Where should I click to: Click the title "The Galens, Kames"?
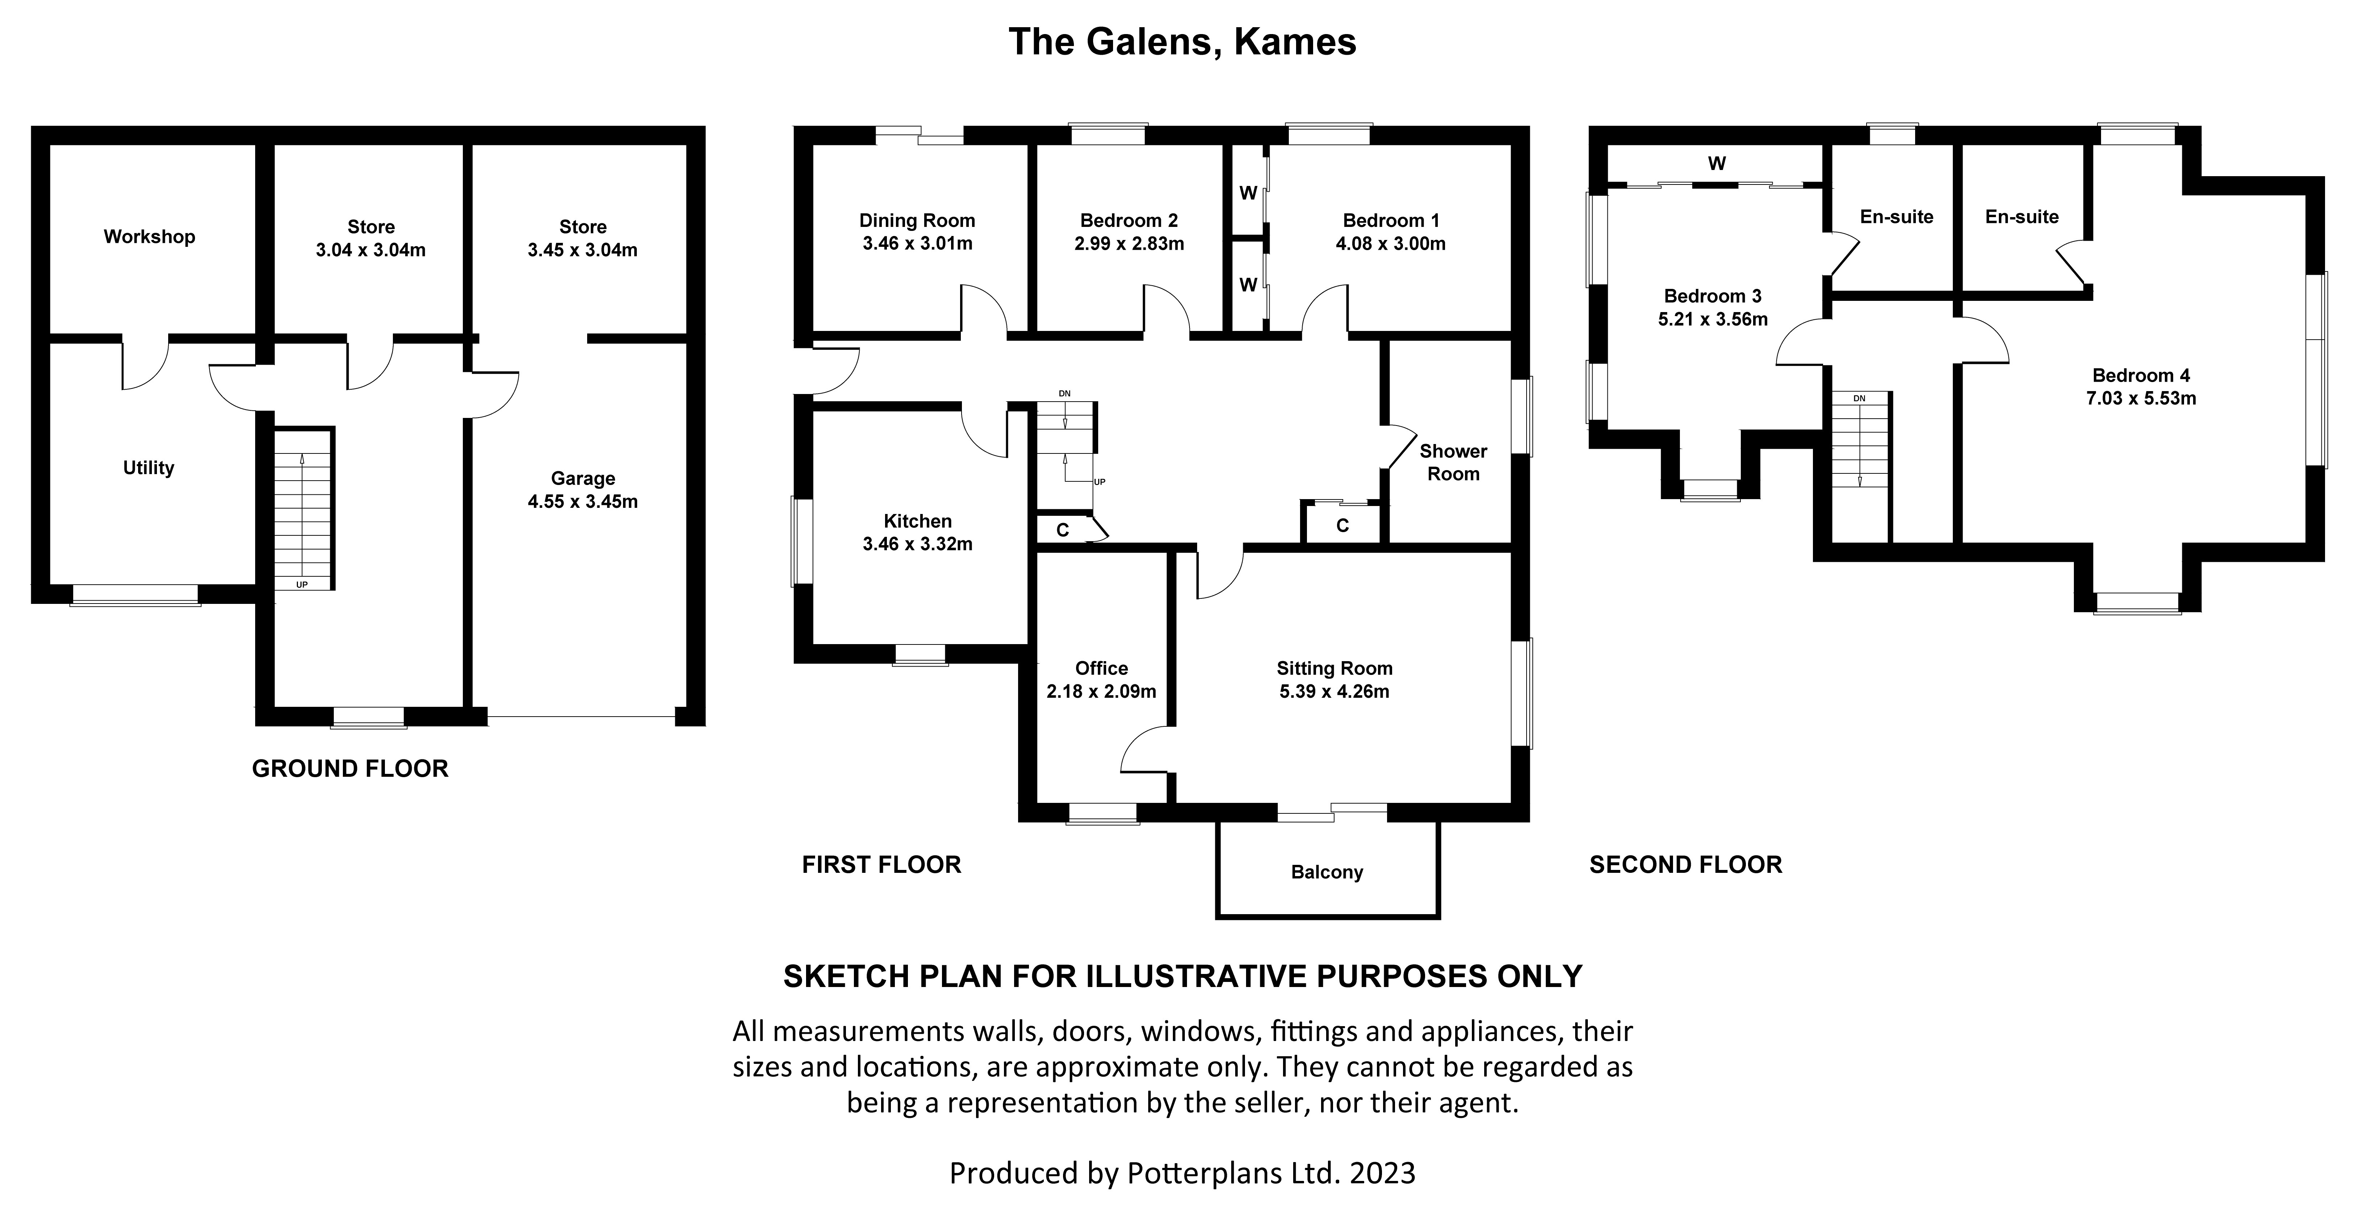coord(1182,42)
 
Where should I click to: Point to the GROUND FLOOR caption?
coord(350,769)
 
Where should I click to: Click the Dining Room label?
coord(917,220)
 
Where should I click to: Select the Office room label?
coord(1101,668)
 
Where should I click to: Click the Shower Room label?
coord(1453,462)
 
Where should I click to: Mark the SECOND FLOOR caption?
coord(1685,864)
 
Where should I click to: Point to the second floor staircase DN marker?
coord(1859,399)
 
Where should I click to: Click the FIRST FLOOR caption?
coord(881,864)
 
